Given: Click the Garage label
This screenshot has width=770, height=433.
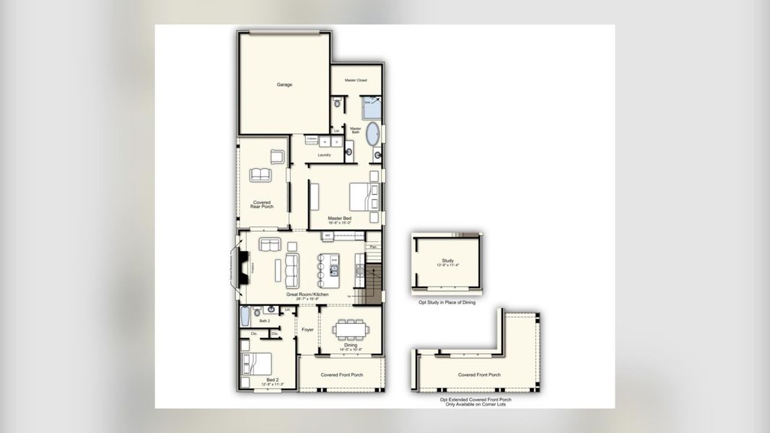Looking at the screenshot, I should click(x=284, y=84).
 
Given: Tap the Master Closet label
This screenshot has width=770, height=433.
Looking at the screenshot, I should click(x=356, y=80).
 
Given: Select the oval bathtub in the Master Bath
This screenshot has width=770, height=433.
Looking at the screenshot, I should click(x=373, y=134).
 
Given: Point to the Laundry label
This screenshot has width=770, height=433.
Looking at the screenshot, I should click(x=324, y=154).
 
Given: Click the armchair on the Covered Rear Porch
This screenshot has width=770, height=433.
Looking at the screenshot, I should click(x=278, y=156).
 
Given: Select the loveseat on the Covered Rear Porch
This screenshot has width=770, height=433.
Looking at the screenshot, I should click(x=261, y=175).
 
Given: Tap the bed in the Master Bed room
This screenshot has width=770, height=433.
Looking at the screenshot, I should click(x=363, y=196).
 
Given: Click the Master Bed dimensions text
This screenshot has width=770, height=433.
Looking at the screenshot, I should click(x=339, y=223).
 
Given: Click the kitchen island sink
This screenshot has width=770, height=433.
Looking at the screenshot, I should click(x=334, y=271).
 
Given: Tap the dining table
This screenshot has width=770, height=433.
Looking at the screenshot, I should click(x=350, y=330).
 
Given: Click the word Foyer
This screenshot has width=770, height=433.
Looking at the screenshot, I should click(x=307, y=330).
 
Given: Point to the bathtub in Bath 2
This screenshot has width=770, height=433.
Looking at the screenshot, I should click(x=245, y=315).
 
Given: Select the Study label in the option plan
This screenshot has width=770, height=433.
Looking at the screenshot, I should click(x=447, y=261).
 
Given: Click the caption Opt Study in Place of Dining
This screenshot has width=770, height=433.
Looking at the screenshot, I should click(x=447, y=302).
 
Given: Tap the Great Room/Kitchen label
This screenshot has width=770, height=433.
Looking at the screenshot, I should click(x=307, y=294).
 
